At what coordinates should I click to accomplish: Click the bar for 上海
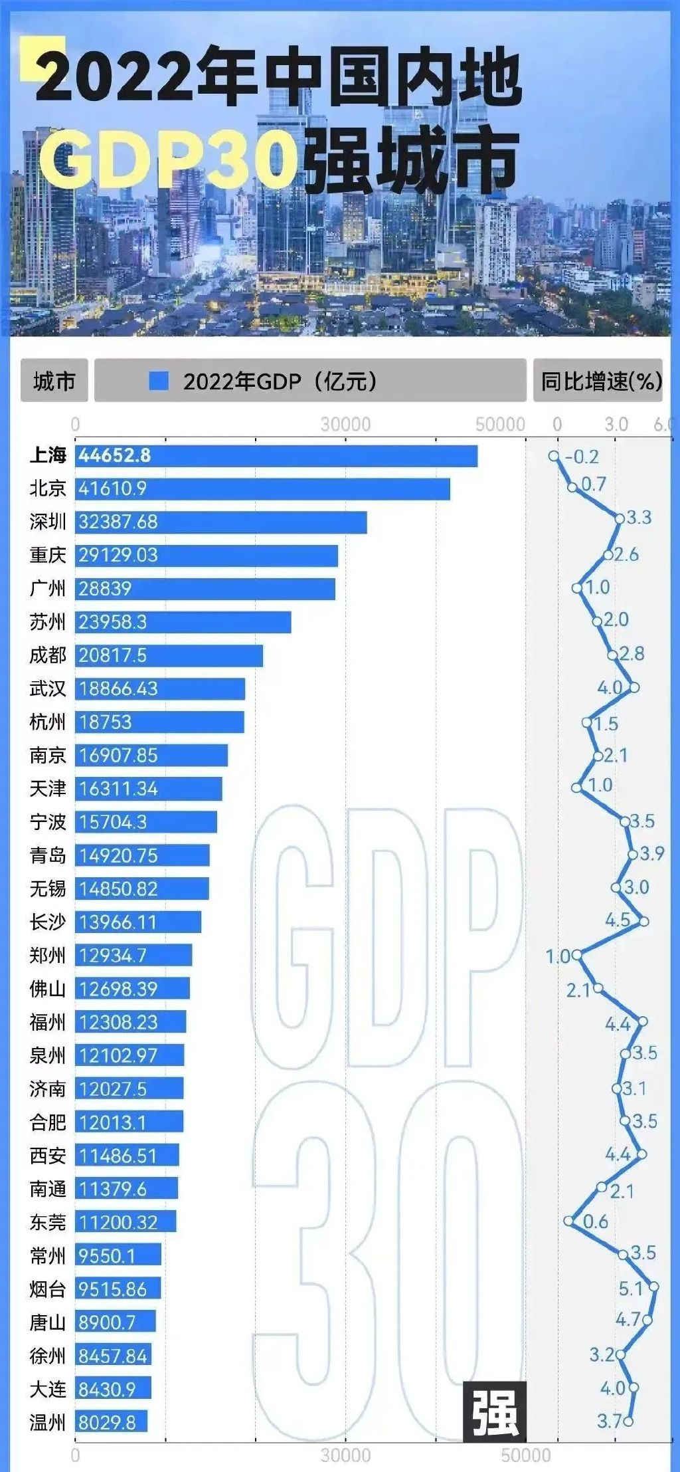pos(276,456)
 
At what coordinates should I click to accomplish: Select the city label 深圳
pos(48,522)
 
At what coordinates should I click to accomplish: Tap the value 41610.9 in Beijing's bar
pos(112,489)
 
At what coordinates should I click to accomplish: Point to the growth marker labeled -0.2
pos(554,457)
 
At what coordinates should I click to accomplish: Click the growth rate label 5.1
pos(631,1289)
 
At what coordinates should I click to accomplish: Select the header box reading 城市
pos(54,381)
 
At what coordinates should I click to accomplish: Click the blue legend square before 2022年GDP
pos(159,381)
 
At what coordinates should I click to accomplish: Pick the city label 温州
pos(48,1422)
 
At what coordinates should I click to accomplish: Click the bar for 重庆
pos(206,556)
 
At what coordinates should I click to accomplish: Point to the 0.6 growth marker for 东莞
pos(568,1221)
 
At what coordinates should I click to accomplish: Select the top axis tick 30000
pos(345,424)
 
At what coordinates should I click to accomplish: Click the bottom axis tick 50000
pos(525,1455)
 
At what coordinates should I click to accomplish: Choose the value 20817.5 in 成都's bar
pos(112,656)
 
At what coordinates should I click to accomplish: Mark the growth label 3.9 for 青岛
pos(651,854)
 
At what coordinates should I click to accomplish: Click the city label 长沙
pos(48,922)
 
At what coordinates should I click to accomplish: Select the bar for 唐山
pos(115,1322)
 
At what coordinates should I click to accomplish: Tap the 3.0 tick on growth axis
pos(616,424)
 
